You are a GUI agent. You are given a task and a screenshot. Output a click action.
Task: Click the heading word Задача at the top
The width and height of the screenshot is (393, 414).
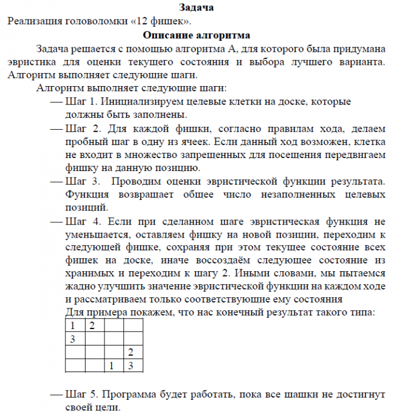[x=196, y=8]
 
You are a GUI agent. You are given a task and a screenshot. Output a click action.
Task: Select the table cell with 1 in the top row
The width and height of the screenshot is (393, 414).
[x=73, y=326]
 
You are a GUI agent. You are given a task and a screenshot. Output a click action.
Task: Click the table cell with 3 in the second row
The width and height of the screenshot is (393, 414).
[x=73, y=339]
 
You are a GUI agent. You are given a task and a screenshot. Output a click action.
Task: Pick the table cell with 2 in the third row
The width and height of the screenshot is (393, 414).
[x=132, y=353]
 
